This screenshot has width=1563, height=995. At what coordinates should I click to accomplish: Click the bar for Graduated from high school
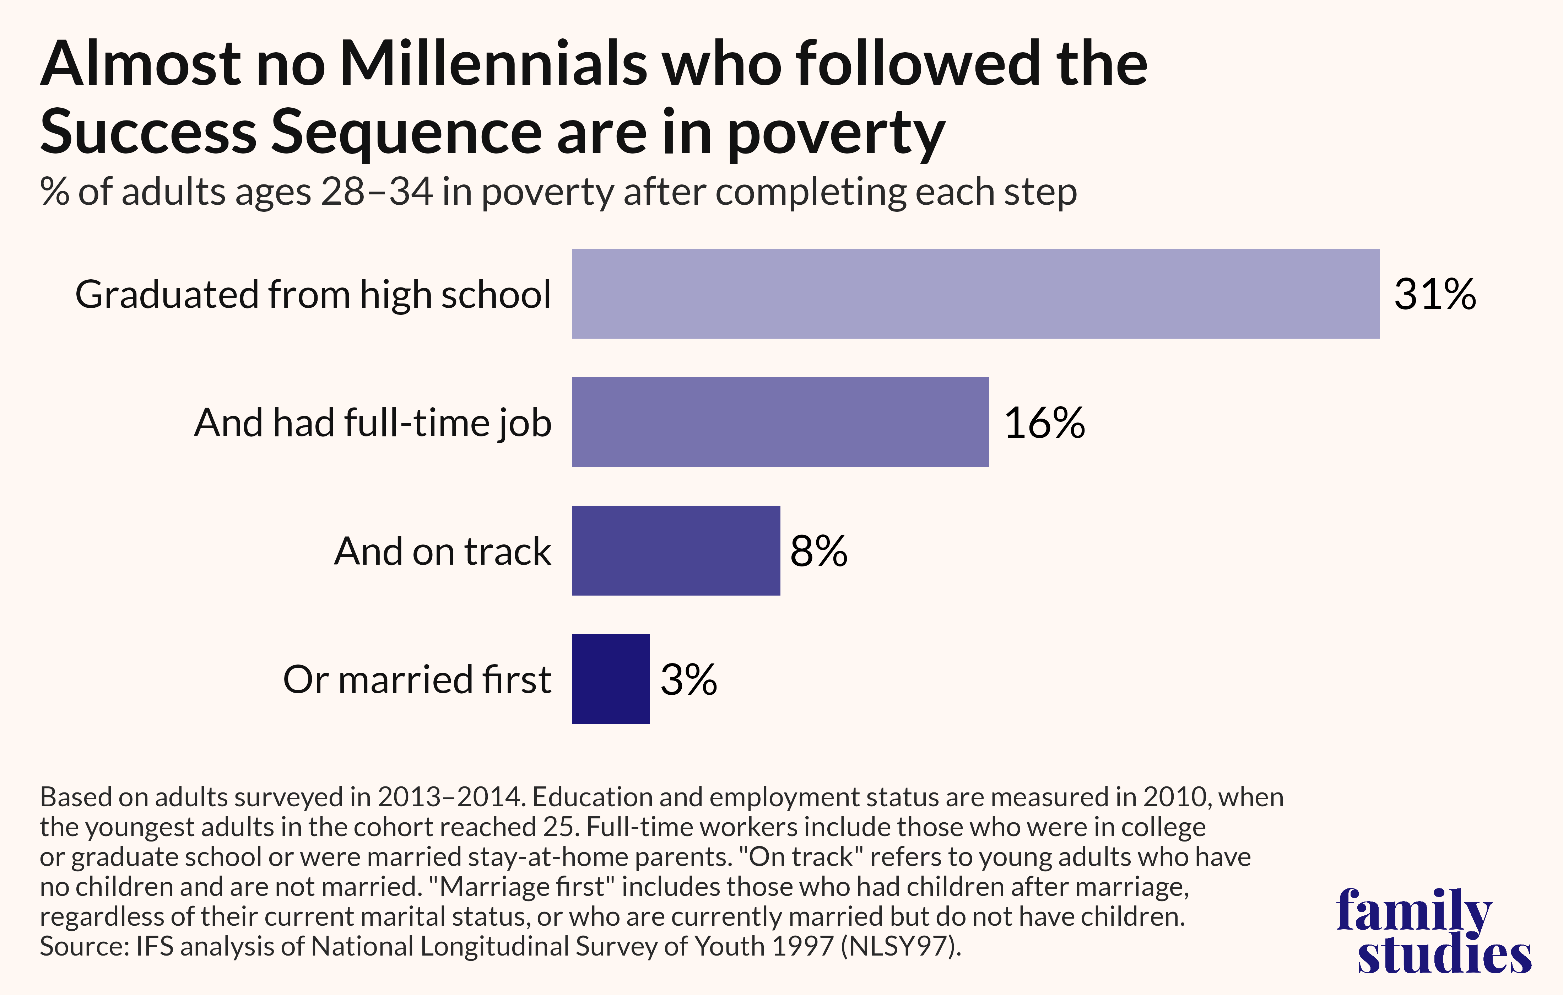975,294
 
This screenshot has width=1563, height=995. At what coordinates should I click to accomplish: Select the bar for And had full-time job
780,422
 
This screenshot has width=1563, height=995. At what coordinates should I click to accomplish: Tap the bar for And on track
676,551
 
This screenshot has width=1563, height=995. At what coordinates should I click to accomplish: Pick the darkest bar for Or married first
610,679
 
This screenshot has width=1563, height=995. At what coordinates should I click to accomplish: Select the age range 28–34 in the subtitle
377,192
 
